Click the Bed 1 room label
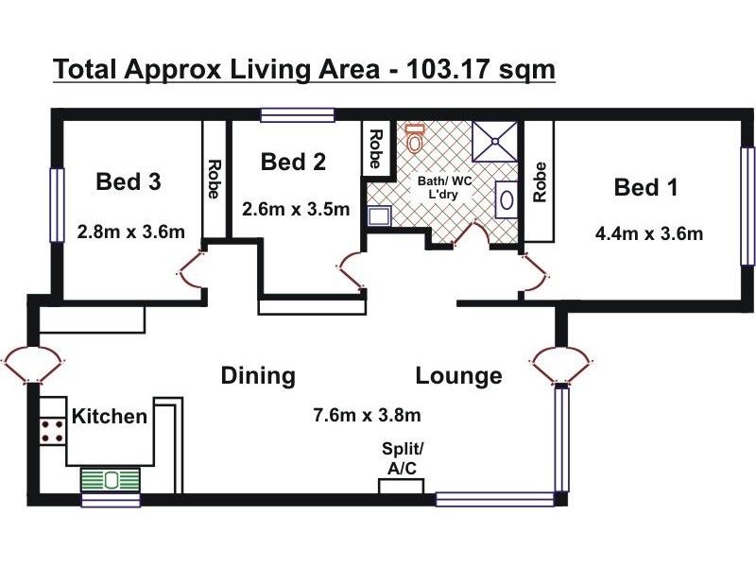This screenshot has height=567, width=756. [646, 187]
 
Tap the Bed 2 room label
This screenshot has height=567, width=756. [293, 162]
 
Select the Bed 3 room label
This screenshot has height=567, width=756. [129, 181]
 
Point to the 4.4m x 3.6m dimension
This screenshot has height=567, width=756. [648, 233]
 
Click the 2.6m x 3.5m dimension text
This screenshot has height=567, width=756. [296, 209]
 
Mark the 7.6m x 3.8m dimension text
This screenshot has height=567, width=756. [367, 415]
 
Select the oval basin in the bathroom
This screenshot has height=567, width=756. [507, 200]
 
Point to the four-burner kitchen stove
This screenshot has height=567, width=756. [52, 432]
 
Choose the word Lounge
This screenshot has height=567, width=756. [458, 376]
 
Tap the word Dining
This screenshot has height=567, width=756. [258, 376]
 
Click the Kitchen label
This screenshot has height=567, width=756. [111, 416]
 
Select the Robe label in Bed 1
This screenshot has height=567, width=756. [541, 182]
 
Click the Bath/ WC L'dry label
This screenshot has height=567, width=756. [442, 188]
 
